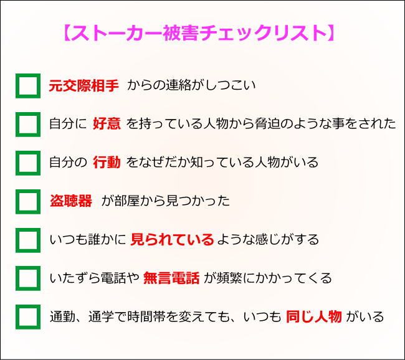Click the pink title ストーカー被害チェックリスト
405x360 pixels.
coord(199,33)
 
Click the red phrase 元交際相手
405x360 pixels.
coord(83,85)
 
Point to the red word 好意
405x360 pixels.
coord(107,123)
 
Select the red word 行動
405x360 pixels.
coord(107,162)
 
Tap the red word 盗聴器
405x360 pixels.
coord(71,201)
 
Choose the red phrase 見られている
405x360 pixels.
coord(172,239)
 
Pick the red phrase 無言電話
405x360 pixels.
coord(171,278)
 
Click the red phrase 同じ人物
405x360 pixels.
coord(314,316)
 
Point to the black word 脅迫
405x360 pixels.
coord(267,123)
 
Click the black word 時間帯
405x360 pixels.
coord(146,316)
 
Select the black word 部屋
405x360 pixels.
coord(127,201)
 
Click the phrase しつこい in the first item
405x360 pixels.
coord(230,85)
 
